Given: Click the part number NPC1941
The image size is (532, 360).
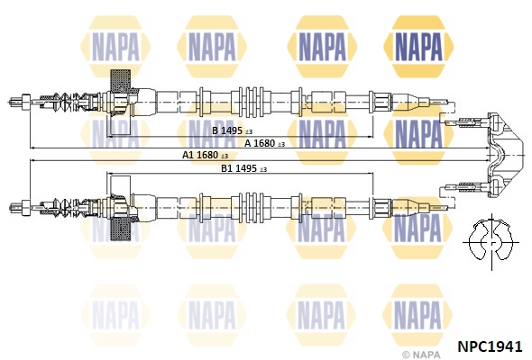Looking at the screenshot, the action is [x=490, y=346].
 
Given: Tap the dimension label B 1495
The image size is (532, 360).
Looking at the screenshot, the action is [x=227, y=130].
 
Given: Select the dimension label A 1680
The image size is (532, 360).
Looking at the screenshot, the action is [x=260, y=143].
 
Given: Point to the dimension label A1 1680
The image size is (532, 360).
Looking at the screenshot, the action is [x=200, y=155].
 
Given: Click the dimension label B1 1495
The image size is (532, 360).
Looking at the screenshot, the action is [x=239, y=168].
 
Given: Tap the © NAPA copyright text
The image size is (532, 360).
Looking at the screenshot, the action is [x=421, y=355].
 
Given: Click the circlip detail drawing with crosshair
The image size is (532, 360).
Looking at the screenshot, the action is [x=491, y=242].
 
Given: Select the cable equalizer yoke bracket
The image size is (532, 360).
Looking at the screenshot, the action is [x=504, y=155].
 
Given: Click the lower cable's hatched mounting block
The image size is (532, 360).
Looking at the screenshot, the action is [x=121, y=229].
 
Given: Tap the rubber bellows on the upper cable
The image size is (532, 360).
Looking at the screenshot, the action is [x=67, y=102].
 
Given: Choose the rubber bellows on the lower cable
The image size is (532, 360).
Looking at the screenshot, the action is [x=67, y=207].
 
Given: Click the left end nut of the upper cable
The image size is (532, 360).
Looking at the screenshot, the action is [x=26, y=102].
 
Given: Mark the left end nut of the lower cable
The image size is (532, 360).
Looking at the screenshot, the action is [x=26, y=207].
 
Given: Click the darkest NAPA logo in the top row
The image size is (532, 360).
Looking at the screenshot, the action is [x=418, y=47].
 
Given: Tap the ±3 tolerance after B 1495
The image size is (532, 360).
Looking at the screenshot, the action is [x=249, y=131].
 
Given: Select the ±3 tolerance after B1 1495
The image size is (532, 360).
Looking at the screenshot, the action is [x=263, y=169].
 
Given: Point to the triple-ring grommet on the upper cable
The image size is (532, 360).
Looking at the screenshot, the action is [x=252, y=102].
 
